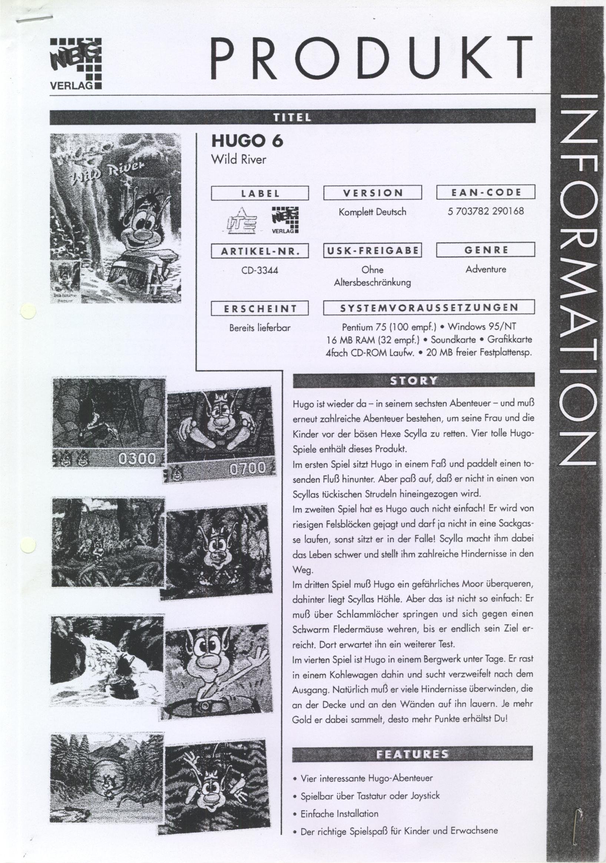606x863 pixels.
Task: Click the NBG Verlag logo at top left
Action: tap(76, 63)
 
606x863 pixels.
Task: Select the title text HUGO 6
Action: tap(247, 141)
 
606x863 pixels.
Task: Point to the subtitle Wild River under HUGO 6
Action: tap(239, 159)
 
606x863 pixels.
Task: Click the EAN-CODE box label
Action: tap(485, 193)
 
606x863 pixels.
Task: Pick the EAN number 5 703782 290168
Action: tap(486, 211)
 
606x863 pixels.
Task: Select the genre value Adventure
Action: tap(486, 269)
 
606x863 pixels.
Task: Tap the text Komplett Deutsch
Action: tap(372, 212)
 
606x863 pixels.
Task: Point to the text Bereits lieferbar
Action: tap(259, 327)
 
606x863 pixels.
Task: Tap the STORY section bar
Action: tap(413, 380)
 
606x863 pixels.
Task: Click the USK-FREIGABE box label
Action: tap(372, 250)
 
